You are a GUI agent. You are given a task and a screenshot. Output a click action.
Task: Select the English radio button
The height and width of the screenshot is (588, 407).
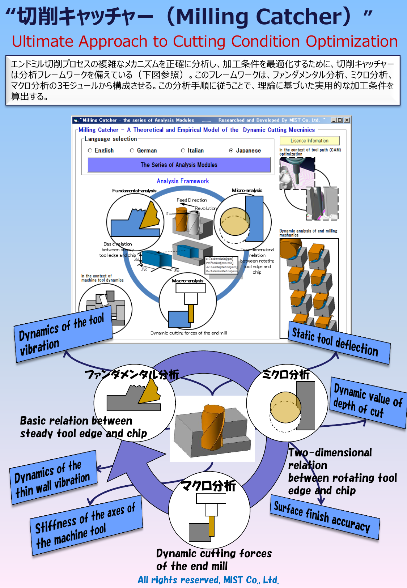point(90,150)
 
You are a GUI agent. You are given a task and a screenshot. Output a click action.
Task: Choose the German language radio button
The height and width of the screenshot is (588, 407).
point(132,150)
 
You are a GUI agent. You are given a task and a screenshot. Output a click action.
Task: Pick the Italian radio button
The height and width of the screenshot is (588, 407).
point(183,150)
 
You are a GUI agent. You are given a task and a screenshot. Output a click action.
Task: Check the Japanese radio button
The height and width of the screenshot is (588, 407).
point(231,150)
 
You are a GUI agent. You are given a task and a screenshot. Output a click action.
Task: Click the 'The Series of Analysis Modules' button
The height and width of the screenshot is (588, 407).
point(179,165)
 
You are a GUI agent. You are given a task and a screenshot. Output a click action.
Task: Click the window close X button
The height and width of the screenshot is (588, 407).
point(347,120)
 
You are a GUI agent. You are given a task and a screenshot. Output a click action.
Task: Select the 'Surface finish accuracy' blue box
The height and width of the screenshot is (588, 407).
point(324,517)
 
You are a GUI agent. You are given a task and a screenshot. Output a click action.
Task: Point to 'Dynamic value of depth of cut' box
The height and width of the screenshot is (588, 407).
point(368,402)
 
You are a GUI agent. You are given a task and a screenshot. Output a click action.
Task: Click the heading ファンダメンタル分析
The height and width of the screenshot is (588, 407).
point(132,374)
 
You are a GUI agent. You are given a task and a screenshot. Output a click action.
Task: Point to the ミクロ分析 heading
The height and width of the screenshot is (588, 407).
point(285,374)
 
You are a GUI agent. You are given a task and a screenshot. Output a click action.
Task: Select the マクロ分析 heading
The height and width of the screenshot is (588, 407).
point(208,485)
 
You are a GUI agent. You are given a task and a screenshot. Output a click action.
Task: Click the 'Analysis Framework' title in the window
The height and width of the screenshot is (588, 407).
point(183,181)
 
